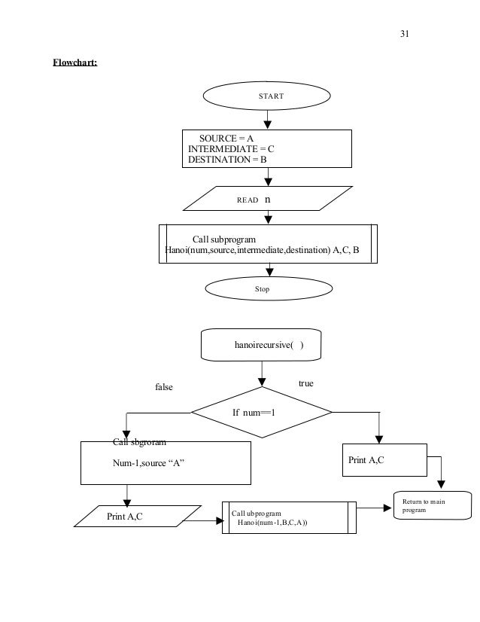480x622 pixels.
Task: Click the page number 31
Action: [404, 34]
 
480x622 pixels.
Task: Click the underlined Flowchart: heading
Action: [75, 63]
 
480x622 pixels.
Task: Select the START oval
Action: [267, 96]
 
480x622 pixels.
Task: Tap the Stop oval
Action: [269, 288]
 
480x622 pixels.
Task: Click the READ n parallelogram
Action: [268, 198]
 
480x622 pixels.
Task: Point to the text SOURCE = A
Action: [226, 139]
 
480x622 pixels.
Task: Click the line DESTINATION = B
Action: [227, 160]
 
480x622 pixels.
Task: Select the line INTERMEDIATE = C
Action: [231, 149]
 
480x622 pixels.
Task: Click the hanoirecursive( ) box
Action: [261, 345]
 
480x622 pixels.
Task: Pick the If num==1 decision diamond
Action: [262, 413]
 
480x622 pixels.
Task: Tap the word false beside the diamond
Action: [164, 387]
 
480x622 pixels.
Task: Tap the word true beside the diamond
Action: [306, 383]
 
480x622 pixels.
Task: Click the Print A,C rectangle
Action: [384, 460]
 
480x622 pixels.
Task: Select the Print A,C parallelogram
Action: [138, 516]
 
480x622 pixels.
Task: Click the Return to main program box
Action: [433, 505]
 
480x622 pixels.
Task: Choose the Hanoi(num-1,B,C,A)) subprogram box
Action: [289, 517]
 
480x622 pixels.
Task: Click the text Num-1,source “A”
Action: [149, 463]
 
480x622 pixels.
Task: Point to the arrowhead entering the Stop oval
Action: [269, 272]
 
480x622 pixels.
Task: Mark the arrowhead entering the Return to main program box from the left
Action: [387, 508]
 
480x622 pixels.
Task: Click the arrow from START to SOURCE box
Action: [268, 120]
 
